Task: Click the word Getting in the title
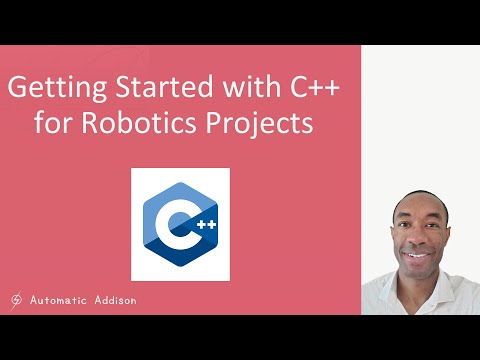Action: click(57, 88)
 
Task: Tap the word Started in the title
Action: click(164, 86)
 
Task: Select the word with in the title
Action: click(252, 86)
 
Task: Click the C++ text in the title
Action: click(315, 86)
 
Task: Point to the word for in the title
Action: click(53, 122)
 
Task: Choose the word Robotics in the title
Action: click(139, 123)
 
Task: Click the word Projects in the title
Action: click(259, 124)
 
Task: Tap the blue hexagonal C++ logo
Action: click(180, 224)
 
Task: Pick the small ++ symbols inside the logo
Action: click(206, 224)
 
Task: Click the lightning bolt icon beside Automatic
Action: click(16, 300)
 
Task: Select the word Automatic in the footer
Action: click(58, 300)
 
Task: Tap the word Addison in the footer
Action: click(115, 300)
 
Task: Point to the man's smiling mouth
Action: click(417, 255)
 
